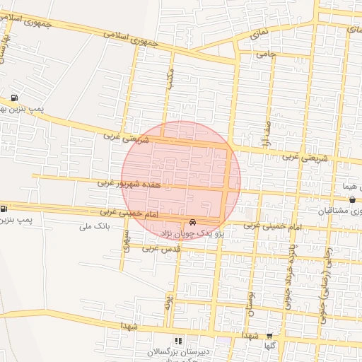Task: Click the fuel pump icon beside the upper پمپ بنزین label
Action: [x=15, y=98]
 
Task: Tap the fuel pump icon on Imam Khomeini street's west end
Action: [x=5, y=208]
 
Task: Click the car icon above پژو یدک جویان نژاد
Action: [x=194, y=222]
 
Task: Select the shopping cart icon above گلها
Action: [x=269, y=337]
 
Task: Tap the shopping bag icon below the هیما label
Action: [x=352, y=200]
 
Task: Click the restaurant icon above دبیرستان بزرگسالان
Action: [x=177, y=341]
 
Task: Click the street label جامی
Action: [x=265, y=53]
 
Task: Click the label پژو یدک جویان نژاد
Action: [x=194, y=233]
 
